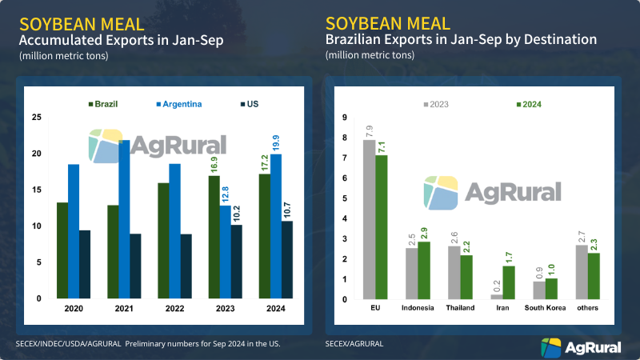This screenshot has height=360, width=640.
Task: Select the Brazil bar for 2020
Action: point(62,250)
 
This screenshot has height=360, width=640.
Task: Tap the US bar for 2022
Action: point(186,266)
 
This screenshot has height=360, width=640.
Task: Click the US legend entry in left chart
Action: point(249,104)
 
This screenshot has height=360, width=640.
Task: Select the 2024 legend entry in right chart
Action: point(531,104)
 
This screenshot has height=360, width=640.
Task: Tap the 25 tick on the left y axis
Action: point(37,118)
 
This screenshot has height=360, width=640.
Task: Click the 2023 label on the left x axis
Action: point(225,307)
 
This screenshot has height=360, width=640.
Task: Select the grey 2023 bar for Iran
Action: point(497,297)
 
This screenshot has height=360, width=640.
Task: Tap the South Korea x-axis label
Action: point(545,307)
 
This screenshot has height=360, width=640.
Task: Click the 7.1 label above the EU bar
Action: point(382,145)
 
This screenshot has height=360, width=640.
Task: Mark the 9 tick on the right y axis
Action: point(344,118)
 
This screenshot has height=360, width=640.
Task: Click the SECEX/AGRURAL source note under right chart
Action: point(354,344)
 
